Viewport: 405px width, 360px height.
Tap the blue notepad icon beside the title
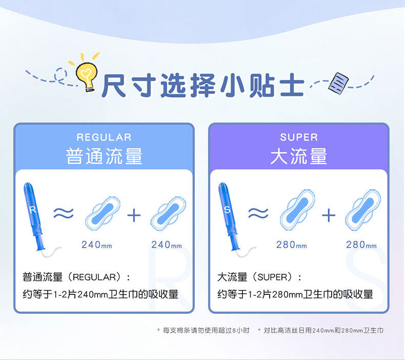pos(338,83)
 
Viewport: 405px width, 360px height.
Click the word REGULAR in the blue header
pos(104,137)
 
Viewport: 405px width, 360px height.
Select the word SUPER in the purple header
pos(299,137)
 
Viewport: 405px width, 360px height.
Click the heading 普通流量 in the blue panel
pos(104,156)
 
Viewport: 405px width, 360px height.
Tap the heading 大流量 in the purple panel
pos(299,156)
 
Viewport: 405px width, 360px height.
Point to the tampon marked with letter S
pos(228,216)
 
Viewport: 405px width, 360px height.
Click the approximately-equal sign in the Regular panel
pos(64,214)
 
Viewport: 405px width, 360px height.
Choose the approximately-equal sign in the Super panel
pos(258,214)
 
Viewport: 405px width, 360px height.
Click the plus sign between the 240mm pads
pos(134,215)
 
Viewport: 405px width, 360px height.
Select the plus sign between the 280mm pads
pos(329,215)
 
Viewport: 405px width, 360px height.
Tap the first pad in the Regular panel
pos(103,213)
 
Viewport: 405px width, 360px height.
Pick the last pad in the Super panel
pos(363,210)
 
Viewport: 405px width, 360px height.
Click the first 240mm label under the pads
pos(96,245)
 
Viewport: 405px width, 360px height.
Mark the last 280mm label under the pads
pos(361,245)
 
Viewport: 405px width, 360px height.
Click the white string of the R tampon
pos(52,253)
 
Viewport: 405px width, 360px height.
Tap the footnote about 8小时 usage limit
pos(204,330)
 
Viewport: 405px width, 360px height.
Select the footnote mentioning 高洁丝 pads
pos(321,330)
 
